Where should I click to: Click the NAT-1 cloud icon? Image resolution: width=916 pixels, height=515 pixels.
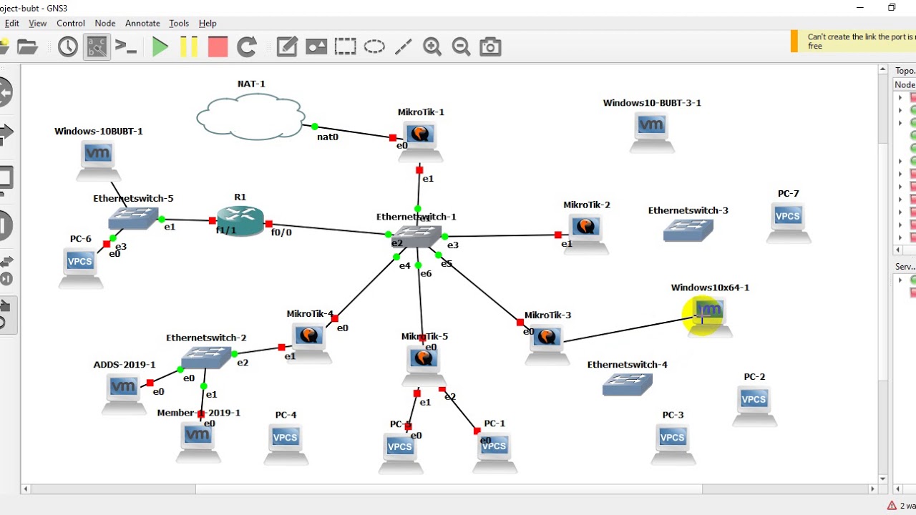coord(250,117)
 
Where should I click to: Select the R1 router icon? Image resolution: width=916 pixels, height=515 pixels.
coord(240,220)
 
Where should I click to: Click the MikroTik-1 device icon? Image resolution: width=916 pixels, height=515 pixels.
coord(420,135)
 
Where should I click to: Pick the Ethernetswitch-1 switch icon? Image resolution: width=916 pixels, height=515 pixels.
coord(416,235)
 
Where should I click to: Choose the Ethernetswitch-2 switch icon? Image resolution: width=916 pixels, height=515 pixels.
coord(206,357)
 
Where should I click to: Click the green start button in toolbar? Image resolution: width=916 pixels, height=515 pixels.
coord(160,47)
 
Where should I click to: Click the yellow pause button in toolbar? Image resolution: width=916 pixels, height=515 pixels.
coord(189,47)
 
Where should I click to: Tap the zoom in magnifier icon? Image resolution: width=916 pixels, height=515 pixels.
coord(432,47)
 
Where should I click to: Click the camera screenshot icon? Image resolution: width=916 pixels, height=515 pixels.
coord(490,47)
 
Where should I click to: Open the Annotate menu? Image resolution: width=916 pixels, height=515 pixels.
coord(142,23)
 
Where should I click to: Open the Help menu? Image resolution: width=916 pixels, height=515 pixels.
coord(208,23)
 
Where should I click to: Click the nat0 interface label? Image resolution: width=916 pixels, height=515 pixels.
coord(328,137)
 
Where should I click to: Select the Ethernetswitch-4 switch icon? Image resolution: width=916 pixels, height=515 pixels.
coord(628,385)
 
